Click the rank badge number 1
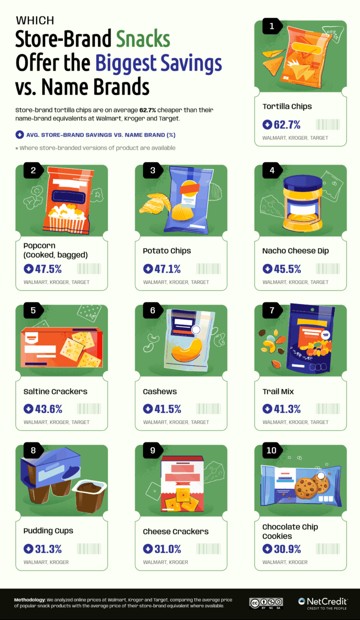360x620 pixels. pyautogui.click(x=272, y=26)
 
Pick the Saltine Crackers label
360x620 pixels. pyautogui.click(x=56, y=392)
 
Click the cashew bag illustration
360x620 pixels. pyautogui.click(x=183, y=340)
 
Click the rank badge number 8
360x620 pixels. pyautogui.click(x=33, y=451)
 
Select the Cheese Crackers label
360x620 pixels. pyautogui.click(x=176, y=532)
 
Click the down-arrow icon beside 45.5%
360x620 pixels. pyautogui.click(x=267, y=269)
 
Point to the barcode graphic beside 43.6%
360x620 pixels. pyautogui.click(x=88, y=409)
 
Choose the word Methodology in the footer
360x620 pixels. pyautogui.click(x=29, y=599)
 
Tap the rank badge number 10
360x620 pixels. pyautogui.click(x=272, y=451)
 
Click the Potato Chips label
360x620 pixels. pyautogui.click(x=167, y=251)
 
